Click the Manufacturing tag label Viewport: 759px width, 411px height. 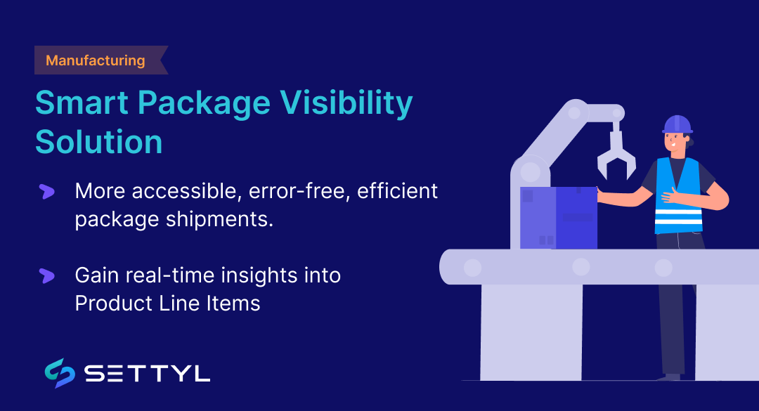pyautogui.click(x=95, y=60)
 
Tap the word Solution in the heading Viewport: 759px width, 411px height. pyautogui.click(x=98, y=141)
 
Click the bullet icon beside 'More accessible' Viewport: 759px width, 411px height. pyautogui.click(x=47, y=191)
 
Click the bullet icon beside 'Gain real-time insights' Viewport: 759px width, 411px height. pyautogui.click(x=47, y=275)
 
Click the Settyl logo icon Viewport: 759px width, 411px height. pyautogui.click(x=60, y=373)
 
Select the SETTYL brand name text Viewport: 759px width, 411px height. pyautogui.click(x=147, y=374)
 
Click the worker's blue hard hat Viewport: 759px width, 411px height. pyautogui.click(x=677, y=124)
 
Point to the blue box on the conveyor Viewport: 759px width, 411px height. pyautogui.click(x=559, y=217)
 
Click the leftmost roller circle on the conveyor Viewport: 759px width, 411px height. pyautogui.click(x=472, y=267)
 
